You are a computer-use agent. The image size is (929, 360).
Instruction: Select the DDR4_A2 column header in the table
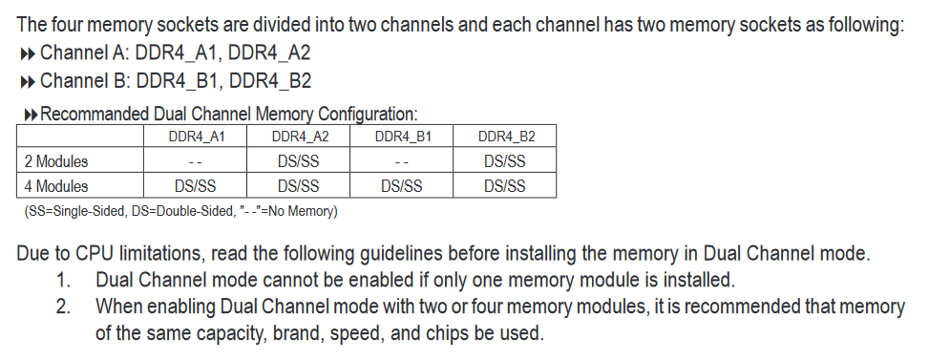click(x=300, y=137)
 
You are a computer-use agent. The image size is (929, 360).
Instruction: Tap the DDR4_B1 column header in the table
click(x=403, y=137)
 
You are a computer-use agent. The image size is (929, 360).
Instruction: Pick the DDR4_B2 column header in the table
click(x=506, y=137)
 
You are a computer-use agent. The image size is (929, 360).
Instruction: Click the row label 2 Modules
click(x=55, y=161)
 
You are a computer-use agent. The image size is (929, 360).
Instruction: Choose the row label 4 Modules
click(x=55, y=186)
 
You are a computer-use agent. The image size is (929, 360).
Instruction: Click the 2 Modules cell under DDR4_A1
click(x=196, y=162)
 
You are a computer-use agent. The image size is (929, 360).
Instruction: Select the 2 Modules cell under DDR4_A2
click(x=298, y=161)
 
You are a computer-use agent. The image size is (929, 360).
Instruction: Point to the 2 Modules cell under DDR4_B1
click(x=401, y=162)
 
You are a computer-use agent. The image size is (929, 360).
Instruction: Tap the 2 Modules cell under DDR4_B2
click(x=504, y=161)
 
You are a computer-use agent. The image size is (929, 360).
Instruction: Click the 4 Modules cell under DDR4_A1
click(x=195, y=186)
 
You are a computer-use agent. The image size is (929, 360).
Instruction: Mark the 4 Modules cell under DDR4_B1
click(x=401, y=186)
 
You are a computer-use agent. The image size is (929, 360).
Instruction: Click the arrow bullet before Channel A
click(x=28, y=54)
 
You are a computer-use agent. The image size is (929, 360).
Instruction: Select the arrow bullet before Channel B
click(x=28, y=82)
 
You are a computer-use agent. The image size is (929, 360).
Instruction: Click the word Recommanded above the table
click(x=93, y=114)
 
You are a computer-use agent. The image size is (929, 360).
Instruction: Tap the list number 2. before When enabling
click(x=64, y=307)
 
